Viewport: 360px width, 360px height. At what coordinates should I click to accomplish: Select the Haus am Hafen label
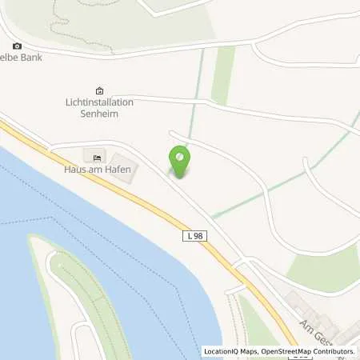[98, 169]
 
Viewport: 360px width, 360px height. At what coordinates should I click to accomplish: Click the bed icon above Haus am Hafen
[98, 157]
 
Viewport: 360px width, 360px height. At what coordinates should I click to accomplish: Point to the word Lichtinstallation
[99, 102]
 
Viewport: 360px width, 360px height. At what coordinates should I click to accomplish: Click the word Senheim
[99, 114]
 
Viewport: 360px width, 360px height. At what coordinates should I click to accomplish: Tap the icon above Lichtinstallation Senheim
[99, 90]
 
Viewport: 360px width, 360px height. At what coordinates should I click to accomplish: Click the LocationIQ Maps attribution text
[233, 351]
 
